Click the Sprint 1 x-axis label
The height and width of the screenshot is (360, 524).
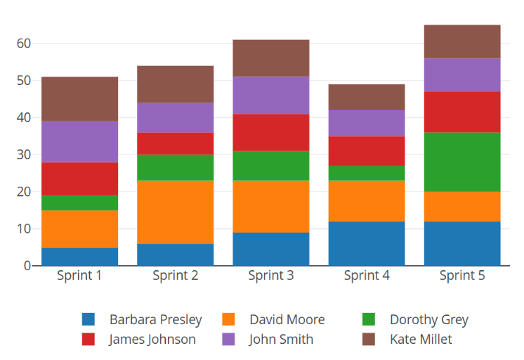tap(79, 276)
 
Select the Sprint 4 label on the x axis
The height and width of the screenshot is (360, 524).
tap(367, 276)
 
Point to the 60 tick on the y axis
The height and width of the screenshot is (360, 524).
tap(24, 44)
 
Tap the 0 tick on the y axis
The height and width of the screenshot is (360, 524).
tap(27, 266)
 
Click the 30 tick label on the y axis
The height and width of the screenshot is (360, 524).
tap(24, 154)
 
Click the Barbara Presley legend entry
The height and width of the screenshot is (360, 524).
tap(155, 320)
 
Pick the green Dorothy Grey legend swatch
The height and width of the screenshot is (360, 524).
tap(369, 320)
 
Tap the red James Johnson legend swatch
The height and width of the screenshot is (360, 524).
tap(89, 340)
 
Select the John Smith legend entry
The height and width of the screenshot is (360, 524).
tap(281, 340)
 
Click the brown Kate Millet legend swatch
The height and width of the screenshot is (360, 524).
tap(369, 340)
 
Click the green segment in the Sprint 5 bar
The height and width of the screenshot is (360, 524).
tap(462, 162)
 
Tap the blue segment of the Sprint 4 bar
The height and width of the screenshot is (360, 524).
tap(367, 244)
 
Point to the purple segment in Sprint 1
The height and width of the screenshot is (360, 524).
tap(79, 142)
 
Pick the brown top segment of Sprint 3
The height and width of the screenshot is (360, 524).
tap(271, 58)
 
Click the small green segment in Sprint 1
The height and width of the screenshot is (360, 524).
tap(79, 203)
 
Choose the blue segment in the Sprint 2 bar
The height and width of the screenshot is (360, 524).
tap(176, 255)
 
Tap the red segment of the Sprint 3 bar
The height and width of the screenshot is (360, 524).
tap(271, 133)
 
